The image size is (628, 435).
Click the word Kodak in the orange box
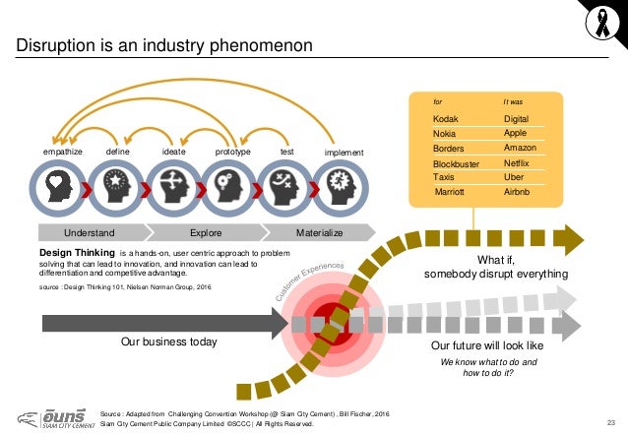tap(446, 118)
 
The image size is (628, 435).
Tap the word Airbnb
tap(516, 193)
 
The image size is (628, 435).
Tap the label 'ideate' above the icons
tap(173, 153)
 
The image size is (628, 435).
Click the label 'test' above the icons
tap(287, 153)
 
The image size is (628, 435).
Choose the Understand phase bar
tap(90, 233)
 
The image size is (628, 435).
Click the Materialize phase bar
tap(319, 233)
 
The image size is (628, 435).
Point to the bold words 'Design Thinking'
tap(76, 254)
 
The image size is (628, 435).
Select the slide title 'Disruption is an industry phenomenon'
tap(161, 45)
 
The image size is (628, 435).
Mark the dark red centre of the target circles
tap(321, 317)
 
